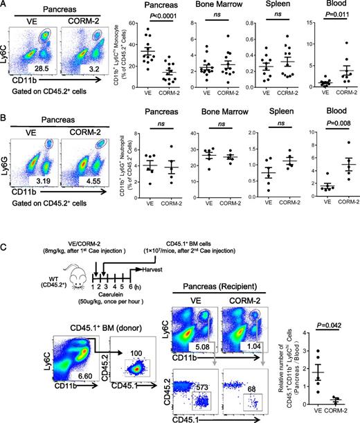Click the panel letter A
pos(6,6)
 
